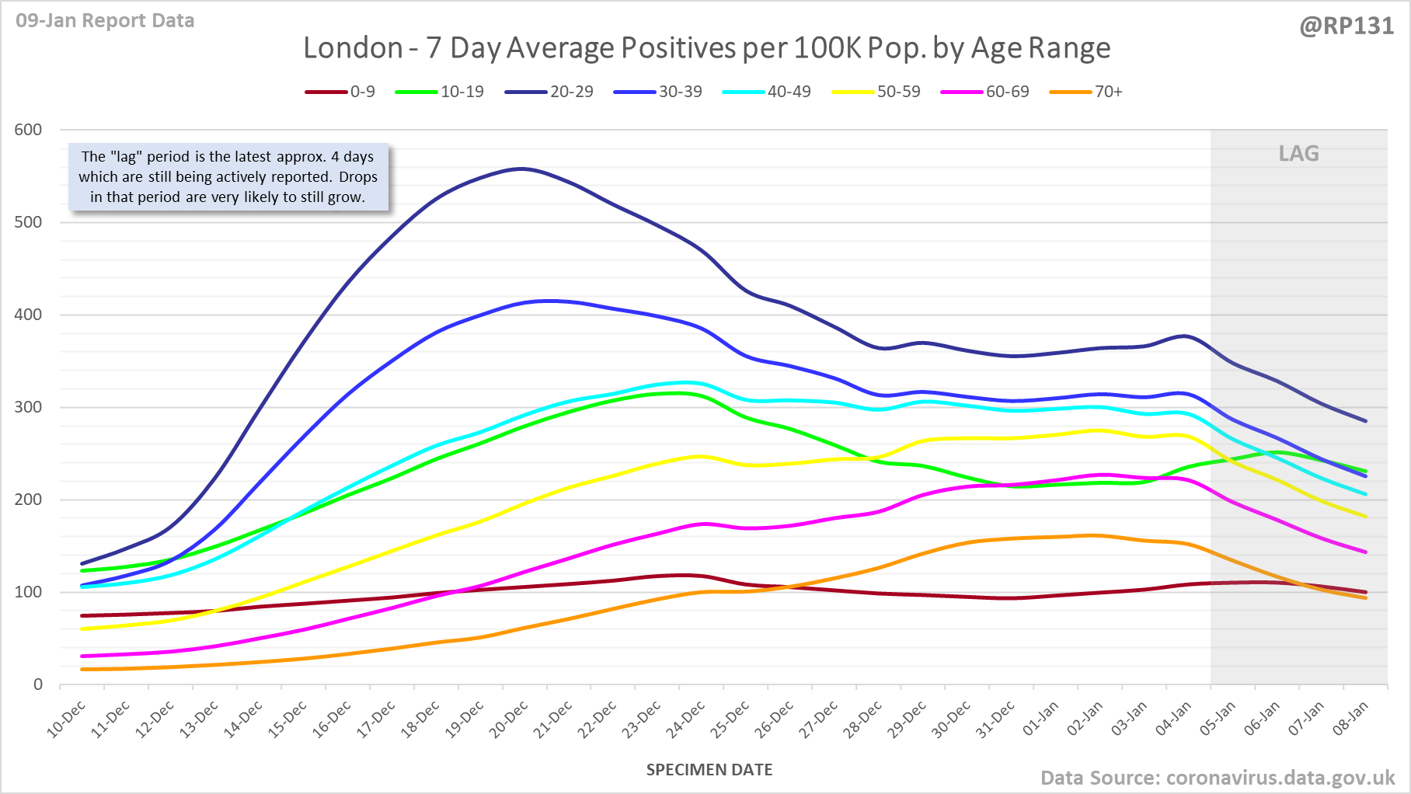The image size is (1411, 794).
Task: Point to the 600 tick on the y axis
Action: (28, 130)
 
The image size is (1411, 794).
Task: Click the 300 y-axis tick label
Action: (28, 407)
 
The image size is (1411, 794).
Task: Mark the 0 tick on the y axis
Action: (37, 684)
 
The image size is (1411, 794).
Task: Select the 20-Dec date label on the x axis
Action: (510, 719)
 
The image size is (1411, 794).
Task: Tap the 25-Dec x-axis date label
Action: (731, 719)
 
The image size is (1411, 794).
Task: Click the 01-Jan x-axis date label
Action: (1041, 719)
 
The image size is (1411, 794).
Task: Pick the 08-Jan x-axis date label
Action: (1351, 719)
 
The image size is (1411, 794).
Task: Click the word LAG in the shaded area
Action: (1298, 153)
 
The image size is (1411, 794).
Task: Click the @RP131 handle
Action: (1347, 26)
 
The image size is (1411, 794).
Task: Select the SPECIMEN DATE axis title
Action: (709, 770)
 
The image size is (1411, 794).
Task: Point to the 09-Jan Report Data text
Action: (105, 21)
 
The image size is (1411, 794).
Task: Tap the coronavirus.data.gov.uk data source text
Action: (1280, 778)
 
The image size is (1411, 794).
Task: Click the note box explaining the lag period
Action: (228, 177)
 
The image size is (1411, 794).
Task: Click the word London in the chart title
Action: (353, 48)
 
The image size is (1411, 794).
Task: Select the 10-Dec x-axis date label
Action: (67, 719)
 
